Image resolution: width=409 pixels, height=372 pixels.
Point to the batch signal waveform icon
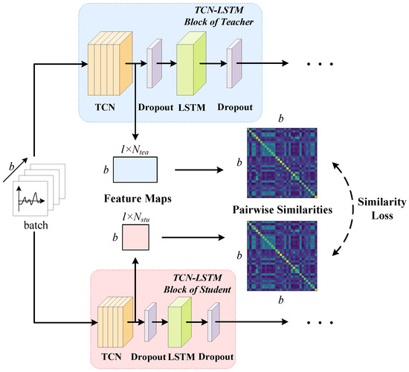pos(30,202)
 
